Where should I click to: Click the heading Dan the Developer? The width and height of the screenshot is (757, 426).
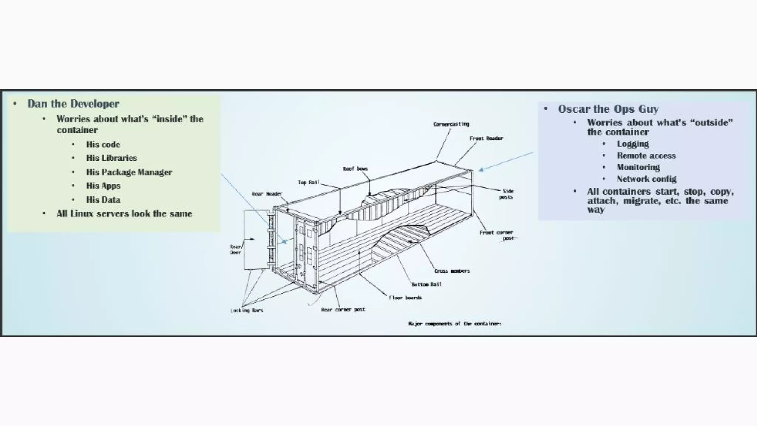click(73, 104)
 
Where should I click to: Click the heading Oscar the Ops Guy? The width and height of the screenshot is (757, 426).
click(608, 109)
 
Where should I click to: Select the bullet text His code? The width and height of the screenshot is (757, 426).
click(103, 145)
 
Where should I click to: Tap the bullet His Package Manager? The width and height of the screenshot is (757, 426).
click(129, 172)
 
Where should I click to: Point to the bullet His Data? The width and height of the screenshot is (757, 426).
click(103, 200)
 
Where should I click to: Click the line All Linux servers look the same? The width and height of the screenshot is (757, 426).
click(124, 214)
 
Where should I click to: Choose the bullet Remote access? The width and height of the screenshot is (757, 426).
click(646, 156)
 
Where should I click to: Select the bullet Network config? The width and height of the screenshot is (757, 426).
click(646, 179)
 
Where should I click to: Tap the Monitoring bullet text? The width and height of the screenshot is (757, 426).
click(638, 168)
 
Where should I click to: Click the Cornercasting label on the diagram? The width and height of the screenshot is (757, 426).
click(451, 124)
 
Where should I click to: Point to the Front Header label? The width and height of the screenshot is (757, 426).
click(486, 138)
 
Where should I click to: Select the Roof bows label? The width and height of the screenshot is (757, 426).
click(355, 169)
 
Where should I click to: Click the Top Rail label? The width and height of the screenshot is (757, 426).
click(309, 182)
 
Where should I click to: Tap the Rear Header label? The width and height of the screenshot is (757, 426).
click(267, 194)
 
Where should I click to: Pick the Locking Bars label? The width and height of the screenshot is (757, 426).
click(247, 311)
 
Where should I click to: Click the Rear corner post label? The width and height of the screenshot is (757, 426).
click(343, 310)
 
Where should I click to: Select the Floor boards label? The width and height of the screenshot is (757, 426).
click(405, 298)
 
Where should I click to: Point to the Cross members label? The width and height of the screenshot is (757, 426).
click(452, 271)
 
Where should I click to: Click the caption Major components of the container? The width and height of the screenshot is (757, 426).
click(455, 324)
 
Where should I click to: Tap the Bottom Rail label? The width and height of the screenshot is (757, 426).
click(427, 284)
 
